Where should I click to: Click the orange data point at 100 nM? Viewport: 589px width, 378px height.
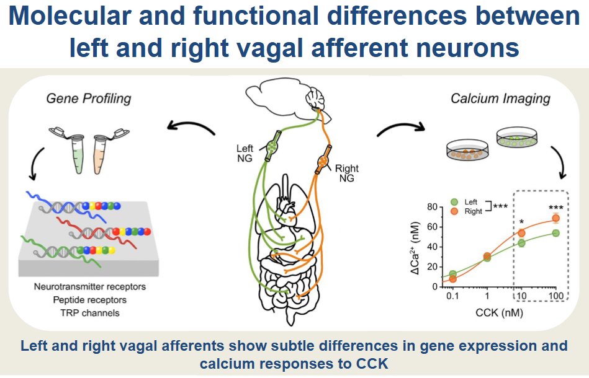tap(555, 218)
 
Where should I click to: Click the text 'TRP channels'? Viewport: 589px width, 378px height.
tap(91, 313)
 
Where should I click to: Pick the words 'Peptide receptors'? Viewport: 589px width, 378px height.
tap(91, 300)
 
